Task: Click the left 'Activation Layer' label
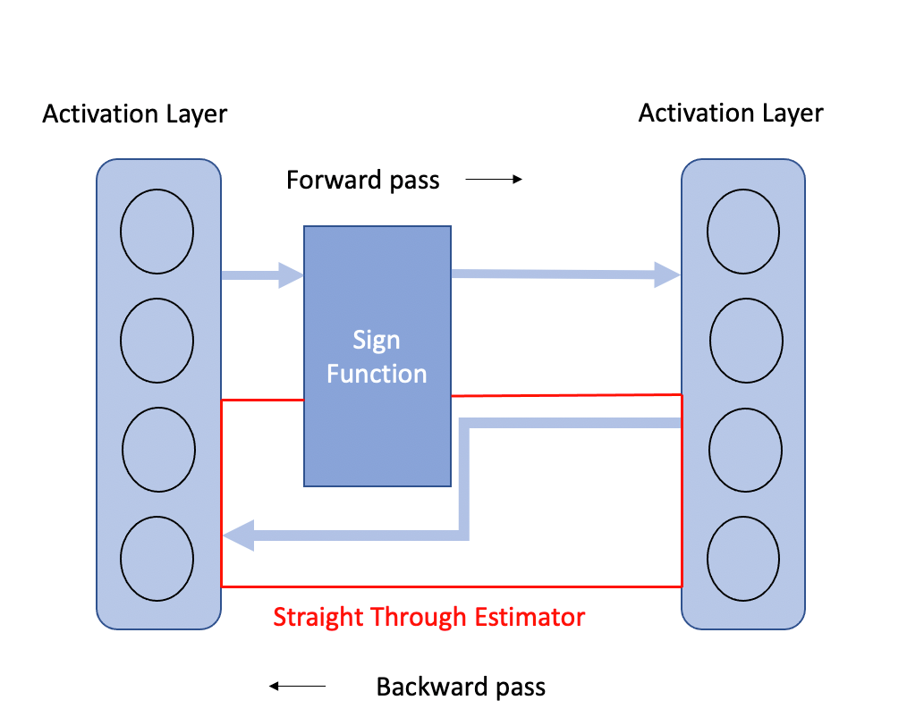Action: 135,114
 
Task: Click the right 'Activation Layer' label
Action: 731,113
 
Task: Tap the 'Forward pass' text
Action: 362,180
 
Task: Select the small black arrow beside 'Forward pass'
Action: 494,179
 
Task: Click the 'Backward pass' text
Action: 461,687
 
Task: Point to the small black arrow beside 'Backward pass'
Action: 297,687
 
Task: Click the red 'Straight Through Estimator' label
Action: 429,617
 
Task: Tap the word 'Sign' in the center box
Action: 377,340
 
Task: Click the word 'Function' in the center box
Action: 377,374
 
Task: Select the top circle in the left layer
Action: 157,232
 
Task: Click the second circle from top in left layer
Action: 157,341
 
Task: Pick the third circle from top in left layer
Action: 158,450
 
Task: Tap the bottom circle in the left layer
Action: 157,559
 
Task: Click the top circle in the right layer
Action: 743,232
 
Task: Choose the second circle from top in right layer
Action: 746,341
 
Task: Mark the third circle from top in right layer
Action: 746,450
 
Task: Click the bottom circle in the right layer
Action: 743,559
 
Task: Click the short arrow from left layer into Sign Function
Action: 263,275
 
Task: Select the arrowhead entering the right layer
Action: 667,274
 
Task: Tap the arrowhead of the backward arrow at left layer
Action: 238,536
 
